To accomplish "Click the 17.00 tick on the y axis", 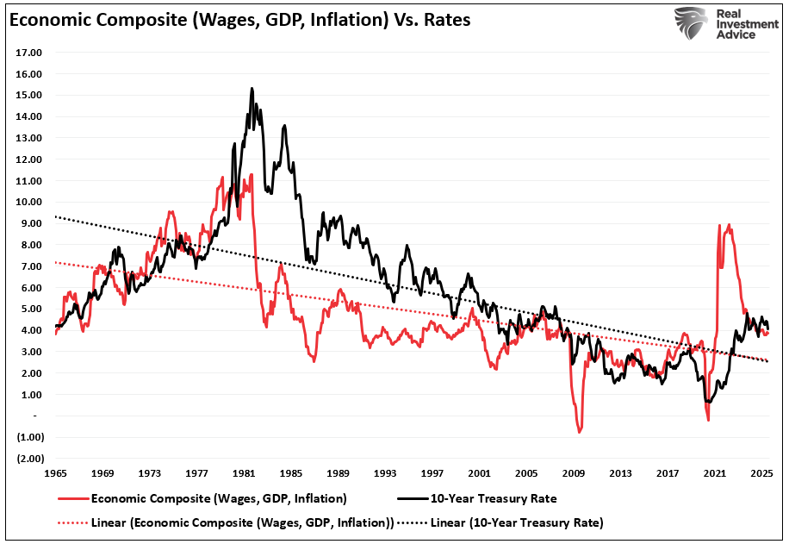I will pos(30,53).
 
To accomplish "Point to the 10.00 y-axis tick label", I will pos(30,202).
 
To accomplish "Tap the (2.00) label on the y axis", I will pos(29,458).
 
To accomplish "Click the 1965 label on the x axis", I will pos(57,473).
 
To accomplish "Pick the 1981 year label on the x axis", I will pos(244,473).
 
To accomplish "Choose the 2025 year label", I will pos(761,473).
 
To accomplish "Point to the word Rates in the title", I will pos(446,19).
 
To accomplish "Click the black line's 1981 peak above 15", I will pos(251,88).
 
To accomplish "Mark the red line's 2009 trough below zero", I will pos(580,431).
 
